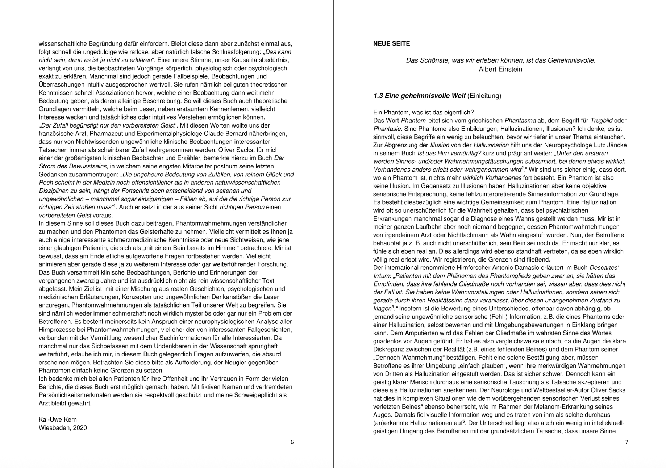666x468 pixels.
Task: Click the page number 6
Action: tap(292, 442)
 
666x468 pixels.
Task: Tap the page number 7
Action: tap(627, 442)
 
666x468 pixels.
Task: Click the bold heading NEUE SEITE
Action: tap(391, 44)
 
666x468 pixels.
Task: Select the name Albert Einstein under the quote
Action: tap(500, 69)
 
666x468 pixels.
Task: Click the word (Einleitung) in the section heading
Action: tap(484, 96)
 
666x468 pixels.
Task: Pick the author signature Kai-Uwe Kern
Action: tap(58, 419)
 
